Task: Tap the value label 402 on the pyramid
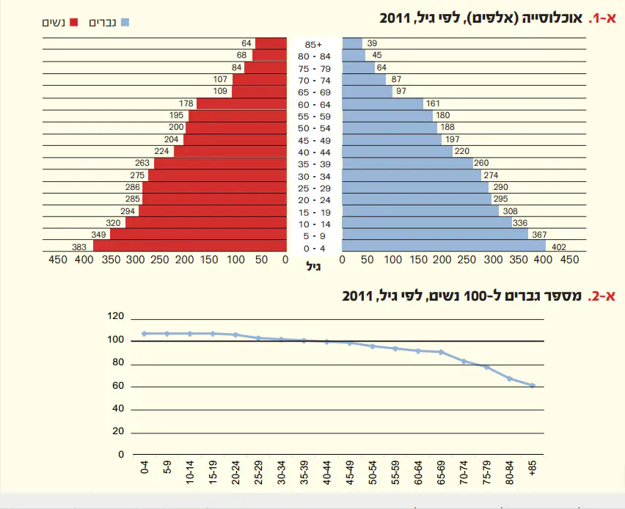point(558,246)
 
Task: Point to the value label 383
point(80,246)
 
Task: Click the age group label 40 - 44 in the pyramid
point(314,152)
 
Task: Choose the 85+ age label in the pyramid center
point(314,44)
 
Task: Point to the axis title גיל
point(314,268)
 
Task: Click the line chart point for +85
point(533,385)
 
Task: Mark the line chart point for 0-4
point(144,334)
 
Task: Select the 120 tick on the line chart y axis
point(116,317)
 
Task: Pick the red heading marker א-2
point(599,296)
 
